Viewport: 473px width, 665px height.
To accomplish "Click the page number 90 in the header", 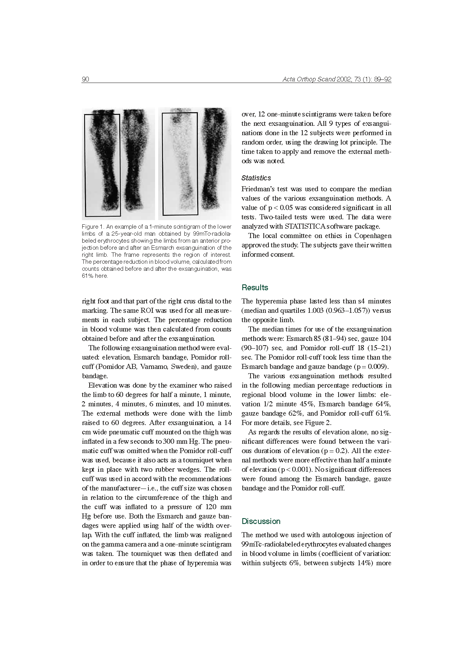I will click(x=85, y=79).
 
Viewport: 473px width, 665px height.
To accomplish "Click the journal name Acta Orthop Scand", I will click(x=309, y=79).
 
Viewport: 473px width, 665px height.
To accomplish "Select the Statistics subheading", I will click(x=256, y=178).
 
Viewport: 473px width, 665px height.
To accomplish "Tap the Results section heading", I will click(x=255, y=288).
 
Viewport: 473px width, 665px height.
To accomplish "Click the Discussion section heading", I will click(x=261, y=521).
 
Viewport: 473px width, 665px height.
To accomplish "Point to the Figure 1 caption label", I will click(x=93, y=227).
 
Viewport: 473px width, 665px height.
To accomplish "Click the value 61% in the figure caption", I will click(x=87, y=276).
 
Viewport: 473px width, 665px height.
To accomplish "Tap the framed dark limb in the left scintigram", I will click(x=102, y=164).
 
